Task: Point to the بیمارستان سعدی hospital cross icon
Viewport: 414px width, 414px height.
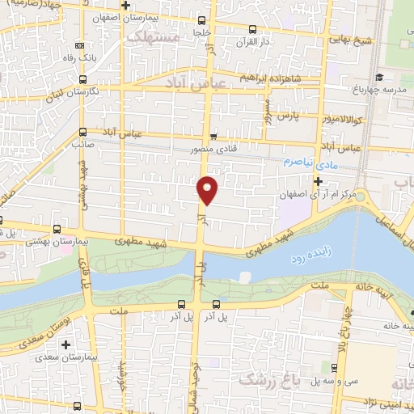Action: click(x=43, y=357)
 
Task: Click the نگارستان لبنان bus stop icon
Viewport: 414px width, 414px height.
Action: click(x=83, y=78)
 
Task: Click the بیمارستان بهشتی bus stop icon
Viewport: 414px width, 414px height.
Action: click(x=55, y=229)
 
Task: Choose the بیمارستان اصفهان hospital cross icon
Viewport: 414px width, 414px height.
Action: click(x=126, y=6)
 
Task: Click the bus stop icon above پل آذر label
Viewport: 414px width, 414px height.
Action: click(x=182, y=305)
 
